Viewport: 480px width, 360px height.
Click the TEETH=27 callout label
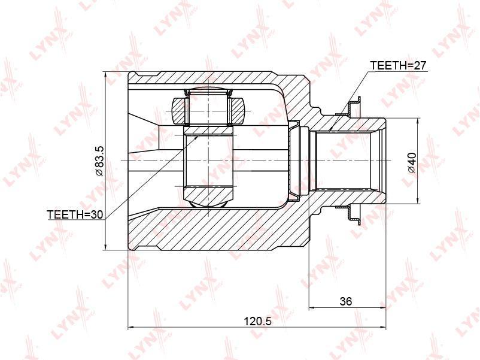click(x=398, y=65)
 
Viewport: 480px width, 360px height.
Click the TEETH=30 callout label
click(x=75, y=214)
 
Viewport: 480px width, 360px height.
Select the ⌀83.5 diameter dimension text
click(x=99, y=161)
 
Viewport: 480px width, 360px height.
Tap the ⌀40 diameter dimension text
click(x=412, y=162)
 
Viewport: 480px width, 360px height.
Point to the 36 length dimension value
click(x=346, y=301)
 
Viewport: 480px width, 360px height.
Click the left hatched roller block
click(x=180, y=111)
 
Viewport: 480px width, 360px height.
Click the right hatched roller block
click(x=237, y=111)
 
